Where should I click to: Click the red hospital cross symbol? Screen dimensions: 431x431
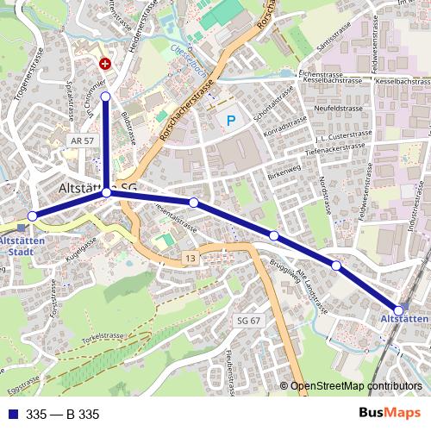(x=106, y=64)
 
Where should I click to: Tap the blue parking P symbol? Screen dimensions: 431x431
(x=230, y=122)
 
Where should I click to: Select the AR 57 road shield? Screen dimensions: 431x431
(x=81, y=140)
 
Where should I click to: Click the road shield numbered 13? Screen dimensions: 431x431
(x=190, y=259)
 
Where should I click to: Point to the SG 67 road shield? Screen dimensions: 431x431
(x=248, y=321)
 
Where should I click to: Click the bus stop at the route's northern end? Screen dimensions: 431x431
(x=105, y=97)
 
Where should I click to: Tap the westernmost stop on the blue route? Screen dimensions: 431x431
(x=33, y=215)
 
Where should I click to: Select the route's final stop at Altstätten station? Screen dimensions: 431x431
(x=398, y=309)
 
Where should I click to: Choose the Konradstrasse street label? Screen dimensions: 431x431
(x=285, y=130)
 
